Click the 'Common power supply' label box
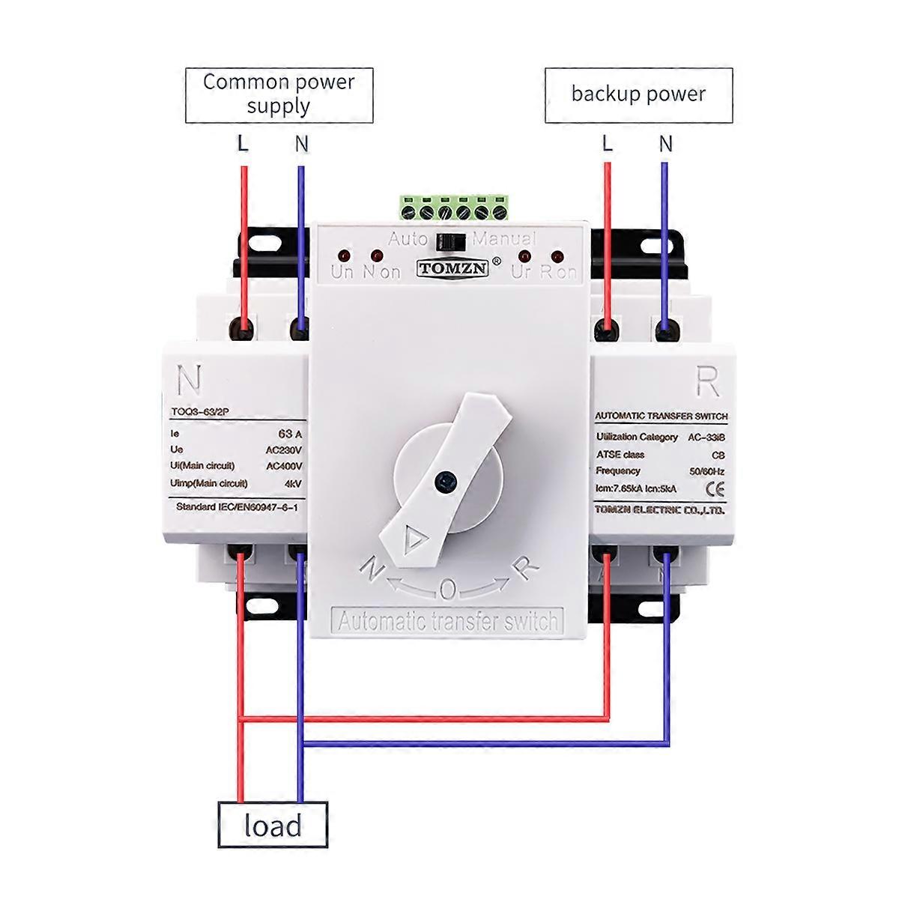coord(279,94)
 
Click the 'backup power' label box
coord(638,94)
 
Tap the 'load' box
coord(273,826)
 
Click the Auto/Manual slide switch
coord(449,240)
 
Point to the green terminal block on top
coord(453,208)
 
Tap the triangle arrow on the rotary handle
coord(413,538)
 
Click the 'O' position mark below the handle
coord(447,591)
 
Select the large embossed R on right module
coord(708,383)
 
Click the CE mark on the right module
coord(715,489)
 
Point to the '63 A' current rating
coord(289,433)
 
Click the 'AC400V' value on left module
coord(284,466)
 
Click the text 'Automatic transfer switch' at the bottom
coord(448,621)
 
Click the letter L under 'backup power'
coord(607,143)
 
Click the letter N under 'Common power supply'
coord(301,143)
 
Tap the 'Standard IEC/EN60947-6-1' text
coord(237,507)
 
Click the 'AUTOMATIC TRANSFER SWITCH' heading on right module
coord(661,417)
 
